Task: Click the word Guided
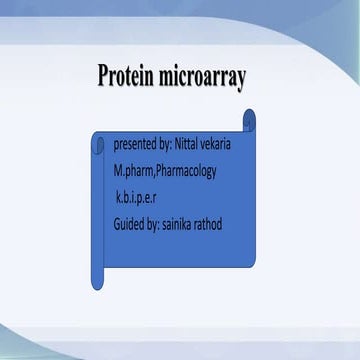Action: point(131,223)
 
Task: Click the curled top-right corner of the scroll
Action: point(249,119)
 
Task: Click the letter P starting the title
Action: point(104,76)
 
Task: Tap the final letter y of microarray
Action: point(242,80)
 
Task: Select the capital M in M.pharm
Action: point(119,171)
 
